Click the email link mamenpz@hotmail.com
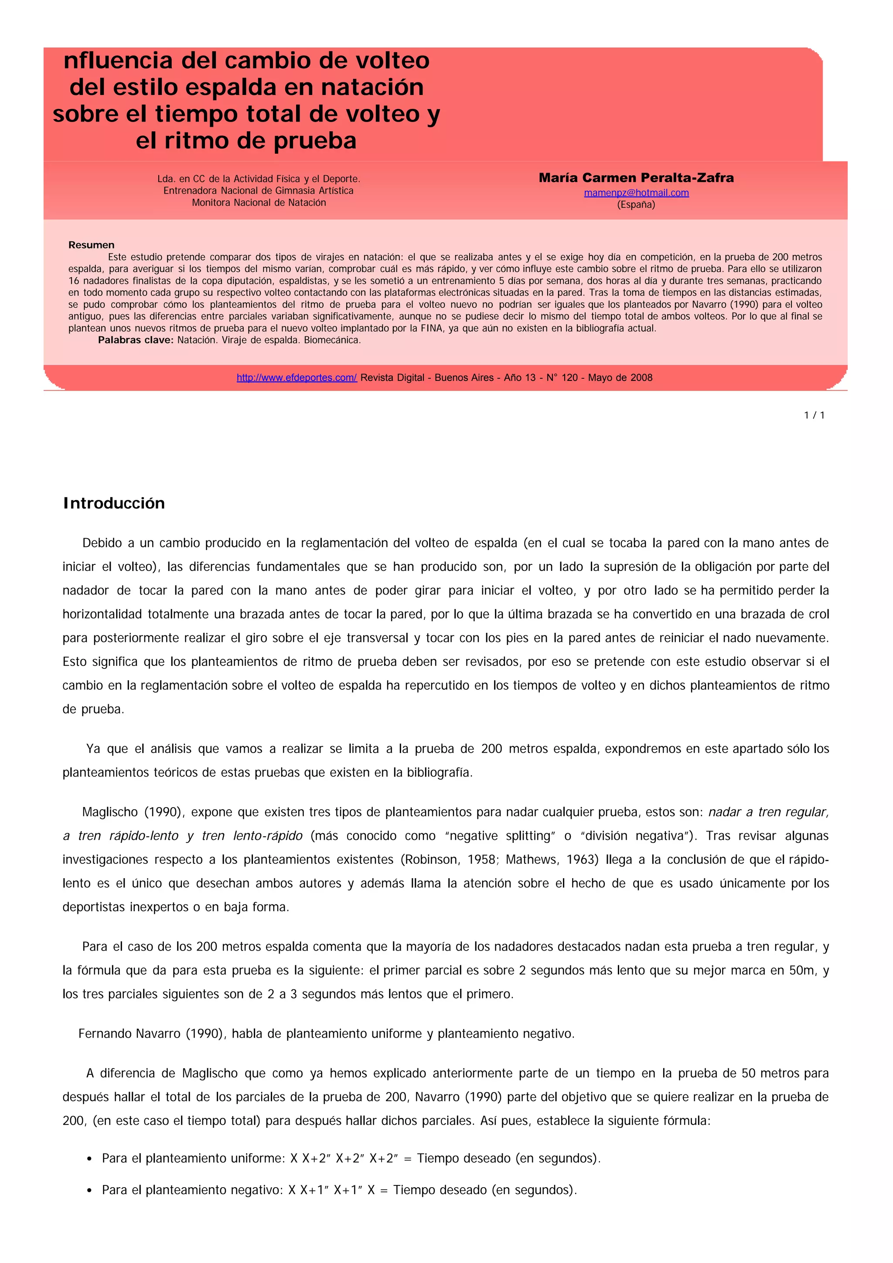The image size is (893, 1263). click(x=636, y=193)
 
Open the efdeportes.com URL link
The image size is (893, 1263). click(x=297, y=377)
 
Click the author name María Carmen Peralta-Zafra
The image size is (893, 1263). click(x=636, y=178)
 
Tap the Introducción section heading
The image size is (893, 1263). click(x=114, y=503)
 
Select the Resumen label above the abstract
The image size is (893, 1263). click(x=91, y=245)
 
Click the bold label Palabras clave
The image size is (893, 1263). click(x=135, y=340)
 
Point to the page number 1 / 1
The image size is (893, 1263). click(x=815, y=415)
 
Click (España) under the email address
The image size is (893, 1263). click(x=636, y=205)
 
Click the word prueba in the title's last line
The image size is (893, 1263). click(x=315, y=141)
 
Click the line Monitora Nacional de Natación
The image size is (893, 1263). click(x=259, y=202)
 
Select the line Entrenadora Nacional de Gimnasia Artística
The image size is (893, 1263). click(x=259, y=190)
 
